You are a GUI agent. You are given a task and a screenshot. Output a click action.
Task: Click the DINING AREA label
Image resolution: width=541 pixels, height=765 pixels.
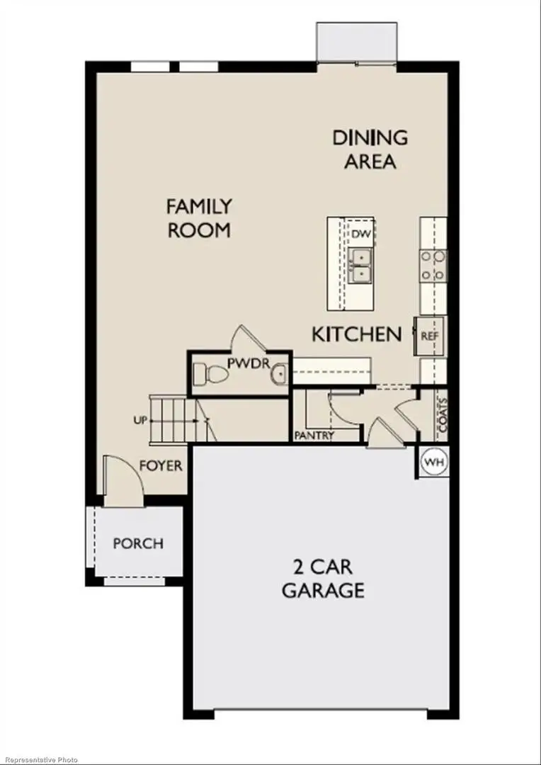coord(370,149)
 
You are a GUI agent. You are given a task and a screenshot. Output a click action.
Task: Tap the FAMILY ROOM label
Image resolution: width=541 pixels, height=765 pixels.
coord(199,218)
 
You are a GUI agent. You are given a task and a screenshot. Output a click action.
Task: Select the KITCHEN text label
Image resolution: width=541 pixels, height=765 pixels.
coord(357,334)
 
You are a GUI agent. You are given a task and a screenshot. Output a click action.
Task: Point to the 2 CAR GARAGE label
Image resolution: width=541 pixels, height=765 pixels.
coord(323,579)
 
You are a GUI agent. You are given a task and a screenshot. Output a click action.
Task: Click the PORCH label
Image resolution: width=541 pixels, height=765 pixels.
coord(138,544)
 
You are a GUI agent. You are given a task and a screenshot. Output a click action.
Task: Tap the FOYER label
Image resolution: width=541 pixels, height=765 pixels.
coord(161,467)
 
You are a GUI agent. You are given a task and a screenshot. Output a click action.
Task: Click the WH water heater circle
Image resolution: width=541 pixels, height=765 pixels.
coord(433,462)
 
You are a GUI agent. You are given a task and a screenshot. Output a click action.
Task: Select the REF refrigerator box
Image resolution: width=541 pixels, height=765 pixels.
coord(430,336)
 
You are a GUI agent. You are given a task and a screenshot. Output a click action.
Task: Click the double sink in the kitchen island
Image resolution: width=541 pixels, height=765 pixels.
coord(360,264)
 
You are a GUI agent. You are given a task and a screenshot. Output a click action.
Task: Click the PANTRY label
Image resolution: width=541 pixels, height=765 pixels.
coord(314,436)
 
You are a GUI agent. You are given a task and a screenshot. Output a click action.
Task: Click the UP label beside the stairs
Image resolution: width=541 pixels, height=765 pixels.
coord(139,421)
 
